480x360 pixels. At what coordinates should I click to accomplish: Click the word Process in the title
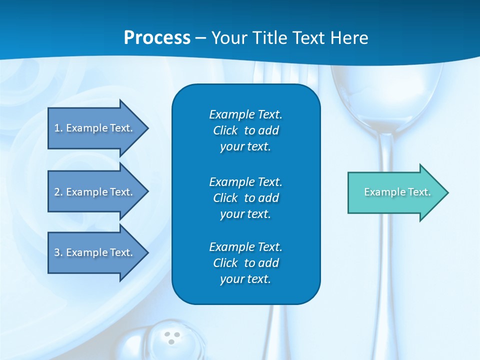[x=157, y=38]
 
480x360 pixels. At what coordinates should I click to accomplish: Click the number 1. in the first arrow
[x=58, y=128]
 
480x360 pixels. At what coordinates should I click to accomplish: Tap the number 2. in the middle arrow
[x=58, y=192]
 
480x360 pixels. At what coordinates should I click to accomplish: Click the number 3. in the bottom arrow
[x=58, y=252]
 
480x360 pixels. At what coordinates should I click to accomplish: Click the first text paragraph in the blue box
[x=246, y=130]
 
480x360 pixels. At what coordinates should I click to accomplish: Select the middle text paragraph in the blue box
[x=246, y=197]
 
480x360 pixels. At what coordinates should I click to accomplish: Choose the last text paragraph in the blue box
[x=246, y=263]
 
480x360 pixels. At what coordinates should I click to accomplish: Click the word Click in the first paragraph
[x=225, y=130]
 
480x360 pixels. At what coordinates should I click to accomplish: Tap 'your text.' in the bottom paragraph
[x=245, y=279]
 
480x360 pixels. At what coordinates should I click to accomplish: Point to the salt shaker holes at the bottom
[x=172, y=338]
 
